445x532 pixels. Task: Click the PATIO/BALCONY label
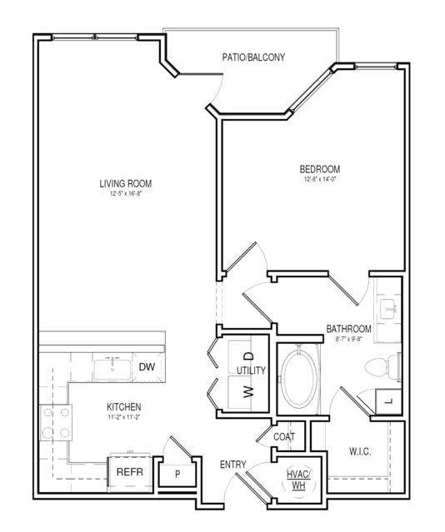click(x=253, y=57)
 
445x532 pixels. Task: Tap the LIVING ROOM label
click(x=126, y=183)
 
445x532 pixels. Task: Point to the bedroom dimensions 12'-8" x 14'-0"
click(x=320, y=179)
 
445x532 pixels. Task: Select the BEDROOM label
click(x=320, y=169)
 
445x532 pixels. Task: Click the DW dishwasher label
click(x=147, y=367)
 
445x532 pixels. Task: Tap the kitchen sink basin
click(x=112, y=370)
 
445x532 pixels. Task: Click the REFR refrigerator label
click(x=130, y=472)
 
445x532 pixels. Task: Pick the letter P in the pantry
click(x=177, y=475)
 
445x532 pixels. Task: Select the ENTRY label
click(x=233, y=464)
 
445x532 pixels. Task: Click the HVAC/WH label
click(x=298, y=480)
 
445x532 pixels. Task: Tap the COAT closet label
click(x=284, y=436)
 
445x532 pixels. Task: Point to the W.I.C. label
click(x=360, y=451)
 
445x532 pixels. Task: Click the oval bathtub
click(x=300, y=378)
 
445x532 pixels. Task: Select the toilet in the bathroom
click(x=382, y=367)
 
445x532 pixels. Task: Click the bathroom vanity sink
click(x=388, y=309)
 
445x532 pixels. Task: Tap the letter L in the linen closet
click(x=389, y=401)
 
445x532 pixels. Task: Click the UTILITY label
click(x=251, y=370)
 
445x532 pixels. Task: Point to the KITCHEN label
click(x=124, y=407)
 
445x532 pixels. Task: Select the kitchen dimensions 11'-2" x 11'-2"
click(x=124, y=417)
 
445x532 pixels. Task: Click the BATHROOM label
click(x=348, y=329)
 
